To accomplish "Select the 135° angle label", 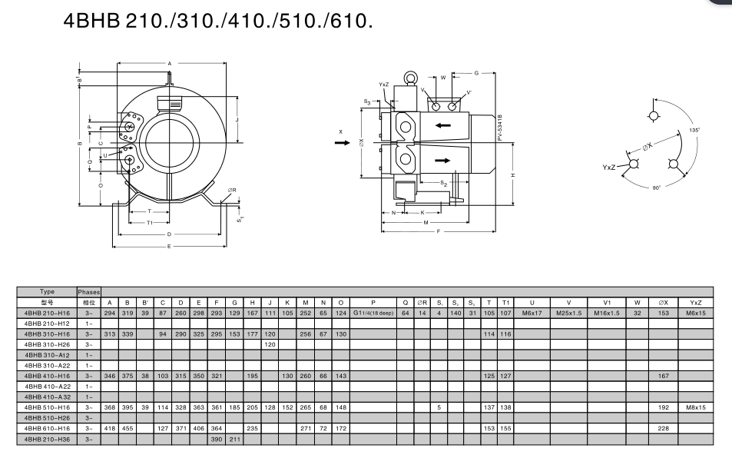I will click(x=694, y=130).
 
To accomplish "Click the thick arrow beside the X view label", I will click(x=342, y=142).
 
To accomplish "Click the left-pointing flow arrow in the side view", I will click(x=443, y=125).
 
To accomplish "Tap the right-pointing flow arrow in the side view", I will click(x=443, y=160).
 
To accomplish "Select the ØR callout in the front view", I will click(x=231, y=190).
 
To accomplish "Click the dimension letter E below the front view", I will click(x=169, y=246).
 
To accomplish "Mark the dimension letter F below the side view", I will click(x=439, y=231).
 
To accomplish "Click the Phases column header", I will click(x=89, y=292).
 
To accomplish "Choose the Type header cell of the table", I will click(x=47, y=292).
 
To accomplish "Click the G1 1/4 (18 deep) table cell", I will click(x=373, y=314).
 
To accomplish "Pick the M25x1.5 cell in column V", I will click(x=569, y=314).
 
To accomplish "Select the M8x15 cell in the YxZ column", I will click(x=695, y=407).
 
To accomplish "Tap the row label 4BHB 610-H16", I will click(x=47, y=429).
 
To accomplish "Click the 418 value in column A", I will click(x=110, y=429).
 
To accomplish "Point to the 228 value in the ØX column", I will click(x=663, y=429).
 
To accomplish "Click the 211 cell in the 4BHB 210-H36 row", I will click(x=235, y=440).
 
